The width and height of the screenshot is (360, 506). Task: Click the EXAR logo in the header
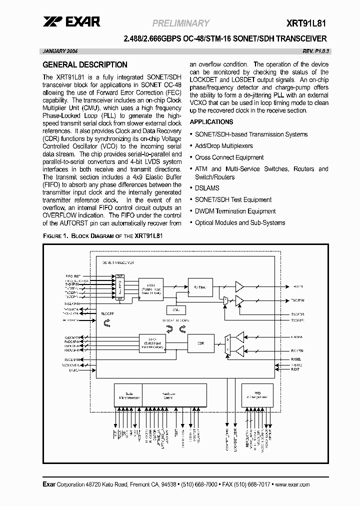pyautogui.click(x=71, y=21)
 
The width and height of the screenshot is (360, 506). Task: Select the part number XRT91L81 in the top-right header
pyautogui.click(x=307, y=23)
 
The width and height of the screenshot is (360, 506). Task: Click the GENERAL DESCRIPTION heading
pyautogui.click(x=85, y=65)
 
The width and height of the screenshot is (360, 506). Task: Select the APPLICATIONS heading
pyautogui.click(x=211, y=122)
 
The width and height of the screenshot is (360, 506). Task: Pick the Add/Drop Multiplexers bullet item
pyautogui.click(x=223, y=146)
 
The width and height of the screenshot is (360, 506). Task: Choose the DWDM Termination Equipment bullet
pyautogui.click(x=235, y=211)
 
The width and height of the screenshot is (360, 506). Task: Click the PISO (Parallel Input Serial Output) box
pyautogui.click(x=148, y=287)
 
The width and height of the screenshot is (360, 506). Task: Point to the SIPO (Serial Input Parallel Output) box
pyautogui.click(x=148, y=343)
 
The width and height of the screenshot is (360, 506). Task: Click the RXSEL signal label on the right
pyautogui.click(x=296, y=358)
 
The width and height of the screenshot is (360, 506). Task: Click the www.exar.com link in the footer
pyautogui.click(x=292, y=485)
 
